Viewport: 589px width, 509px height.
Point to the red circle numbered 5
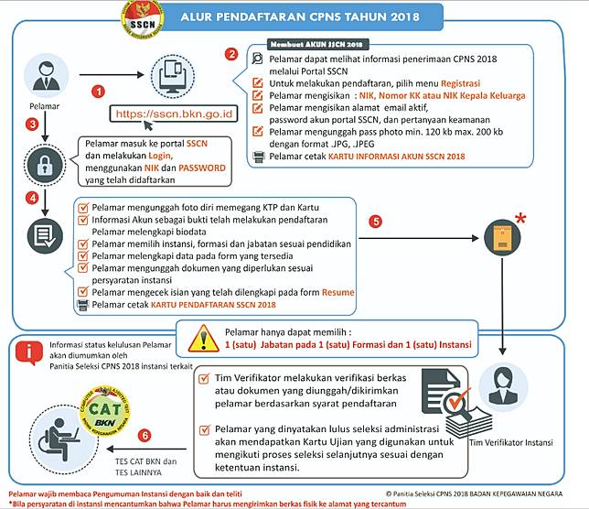pos(375,222)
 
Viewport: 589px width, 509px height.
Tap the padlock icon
pos(43,165)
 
